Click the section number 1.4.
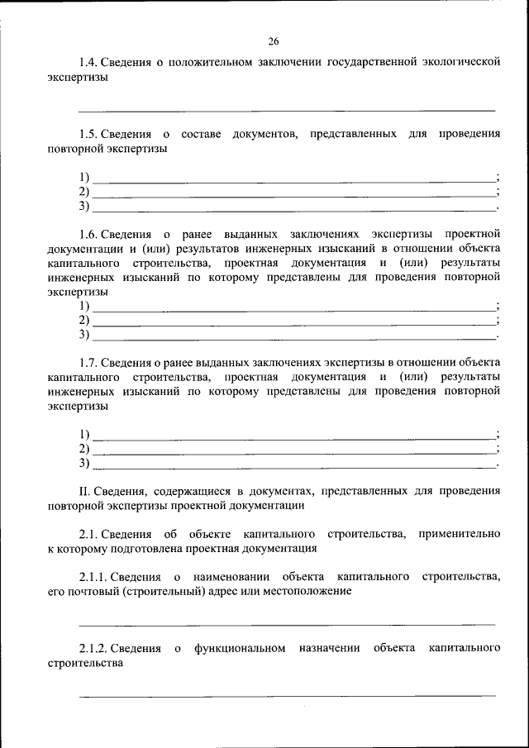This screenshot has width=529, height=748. point(89,62)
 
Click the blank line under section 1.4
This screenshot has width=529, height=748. point(287,109)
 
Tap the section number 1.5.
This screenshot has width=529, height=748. point(89,134)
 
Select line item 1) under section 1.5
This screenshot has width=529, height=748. point(84,177)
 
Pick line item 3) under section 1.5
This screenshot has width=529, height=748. point(84,205)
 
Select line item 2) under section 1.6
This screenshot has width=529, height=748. point(84,320)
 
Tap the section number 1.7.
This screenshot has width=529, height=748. point(89,363)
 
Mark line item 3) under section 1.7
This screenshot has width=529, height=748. point(84,463)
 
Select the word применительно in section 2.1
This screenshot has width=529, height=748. point(459,534)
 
